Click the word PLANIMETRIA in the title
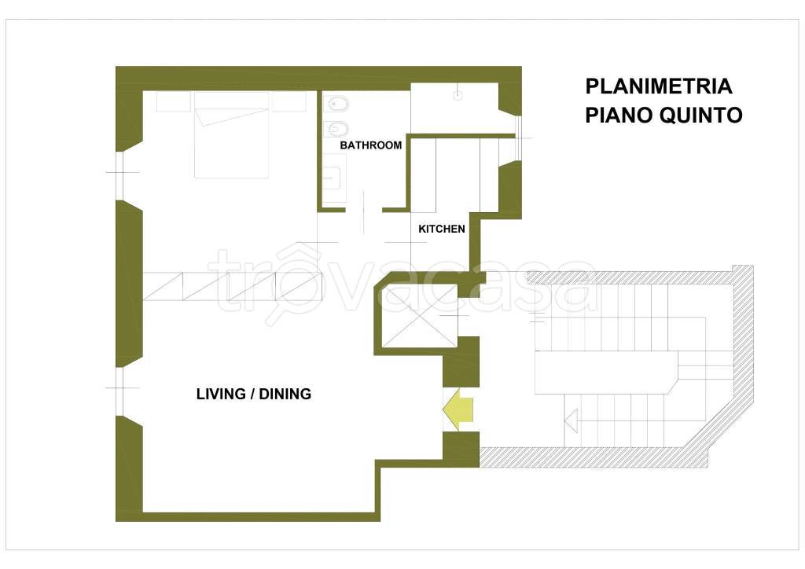(659, 86)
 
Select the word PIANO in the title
(619, 115)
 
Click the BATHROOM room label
(371, 145)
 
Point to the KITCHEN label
(442, 229)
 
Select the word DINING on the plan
(285, 394)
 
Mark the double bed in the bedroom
(232, 135)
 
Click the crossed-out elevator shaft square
(420, 317)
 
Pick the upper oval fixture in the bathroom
(337, 105)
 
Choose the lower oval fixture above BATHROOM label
(337, 128)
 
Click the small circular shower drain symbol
(458, 95)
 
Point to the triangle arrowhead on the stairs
(571, 420)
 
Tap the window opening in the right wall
(518, 138)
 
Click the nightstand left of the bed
(174, 101)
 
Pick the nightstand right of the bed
(289, 101)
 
